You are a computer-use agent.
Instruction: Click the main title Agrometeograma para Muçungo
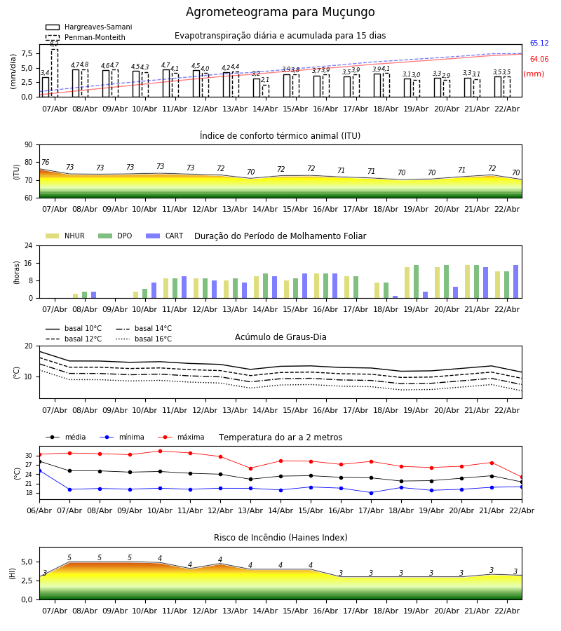click(x=280, y=13)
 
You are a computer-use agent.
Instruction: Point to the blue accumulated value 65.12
click(x=539, y=43)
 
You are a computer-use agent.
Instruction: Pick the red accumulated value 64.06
click(x=539, y=60)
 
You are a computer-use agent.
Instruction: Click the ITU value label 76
click(x=45, y=163)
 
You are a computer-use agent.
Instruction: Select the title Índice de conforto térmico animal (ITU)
click(x=280, y=136)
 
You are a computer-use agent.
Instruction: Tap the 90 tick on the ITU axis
click(x=28, y=145)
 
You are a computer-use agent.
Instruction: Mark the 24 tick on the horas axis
click(x=28, y=246)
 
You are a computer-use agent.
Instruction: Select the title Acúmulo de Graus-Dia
click(x=280, y=337)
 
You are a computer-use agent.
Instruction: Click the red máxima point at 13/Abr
click(x=250, y=468)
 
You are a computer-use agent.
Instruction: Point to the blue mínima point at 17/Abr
click(x=371, y=493)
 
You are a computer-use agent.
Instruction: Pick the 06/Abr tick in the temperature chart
click(x=39, y=510)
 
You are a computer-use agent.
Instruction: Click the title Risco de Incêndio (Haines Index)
click(x=280, y=538)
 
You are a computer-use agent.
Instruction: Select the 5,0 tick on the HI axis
click(x=25, y=562)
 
